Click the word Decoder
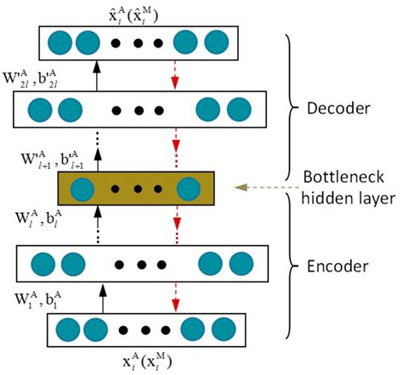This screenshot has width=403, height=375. (x=338, y=108)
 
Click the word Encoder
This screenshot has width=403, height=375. (x=338, y=266)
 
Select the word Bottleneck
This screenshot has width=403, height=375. (x=343, y=177)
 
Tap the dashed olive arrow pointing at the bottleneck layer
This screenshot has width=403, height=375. (x=267, y=187)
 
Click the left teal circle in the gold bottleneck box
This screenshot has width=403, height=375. (x=82, y=189)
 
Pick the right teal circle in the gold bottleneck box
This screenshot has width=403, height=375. (x=189, y=189)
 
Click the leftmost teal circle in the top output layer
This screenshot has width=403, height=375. (x=60, y=42)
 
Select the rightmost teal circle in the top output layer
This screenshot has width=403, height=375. (x=217, y=42)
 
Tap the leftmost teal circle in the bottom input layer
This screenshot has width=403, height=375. (x=68, y=330)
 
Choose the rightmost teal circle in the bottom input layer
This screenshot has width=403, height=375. (x=224, y=330)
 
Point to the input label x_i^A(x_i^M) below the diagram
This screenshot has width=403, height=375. (x=147, y=361)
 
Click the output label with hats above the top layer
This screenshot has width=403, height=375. (x=133, y=14)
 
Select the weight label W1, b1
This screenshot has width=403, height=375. (x=38, y=299)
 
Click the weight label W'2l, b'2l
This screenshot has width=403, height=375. (x=31, y=79)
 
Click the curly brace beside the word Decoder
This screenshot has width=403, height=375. (x=290, y=108)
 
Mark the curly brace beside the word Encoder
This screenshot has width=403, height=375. (x=290, y=266)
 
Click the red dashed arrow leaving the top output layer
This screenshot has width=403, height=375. (x=175, y=76)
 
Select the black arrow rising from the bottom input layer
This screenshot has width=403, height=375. (x=103, y=299)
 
